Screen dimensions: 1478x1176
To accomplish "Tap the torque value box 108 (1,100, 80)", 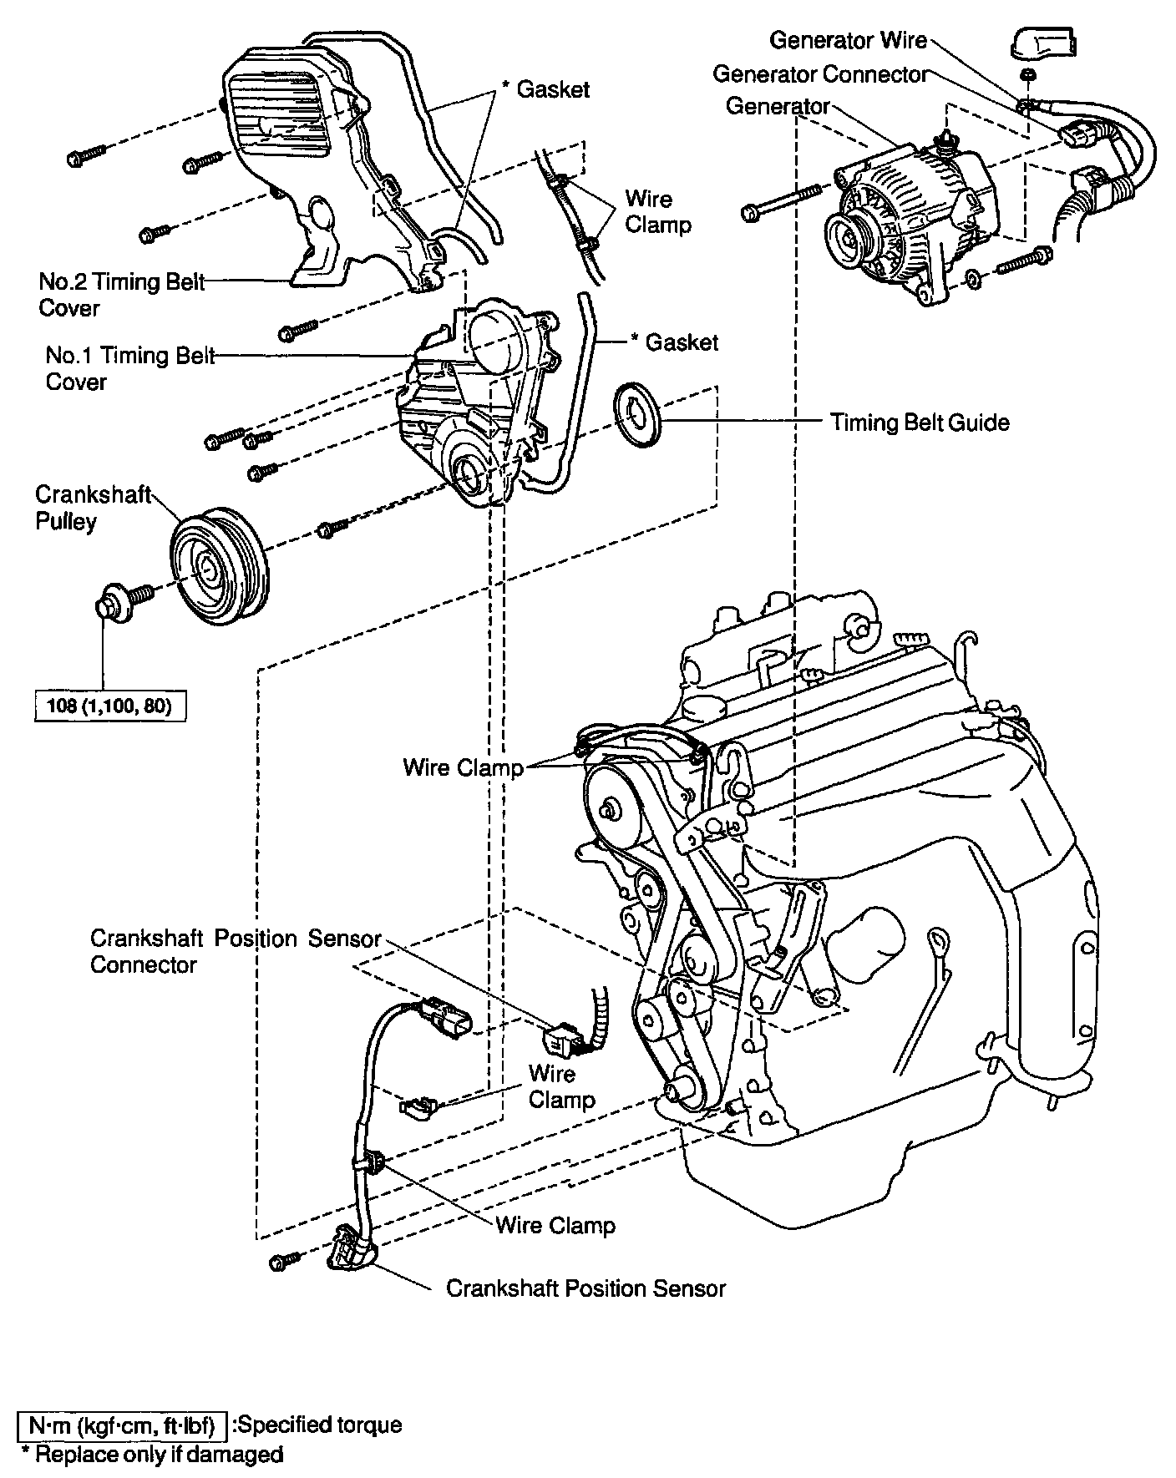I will click(110, 706).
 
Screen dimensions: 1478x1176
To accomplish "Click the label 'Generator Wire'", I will click(848, 40).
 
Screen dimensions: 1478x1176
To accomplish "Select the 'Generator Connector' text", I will click(820, 74).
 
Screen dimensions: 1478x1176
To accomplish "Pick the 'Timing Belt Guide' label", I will click(920, 423).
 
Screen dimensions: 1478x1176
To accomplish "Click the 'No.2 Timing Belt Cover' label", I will click(121, 295).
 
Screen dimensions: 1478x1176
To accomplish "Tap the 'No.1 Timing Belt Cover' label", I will click(129, 368).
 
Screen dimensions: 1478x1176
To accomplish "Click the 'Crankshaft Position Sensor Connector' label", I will click(235, 951).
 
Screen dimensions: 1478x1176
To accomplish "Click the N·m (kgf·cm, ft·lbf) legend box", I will click(122, 1425).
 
